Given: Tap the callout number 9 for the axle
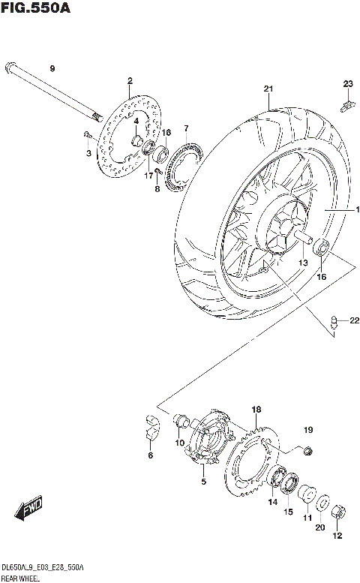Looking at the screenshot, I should pyautogui.click(x=52, y=69).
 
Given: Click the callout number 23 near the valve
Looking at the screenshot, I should pyautogui.click(x=347, y=83).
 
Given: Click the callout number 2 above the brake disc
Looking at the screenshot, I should pyautogui.click(x=129, y=81).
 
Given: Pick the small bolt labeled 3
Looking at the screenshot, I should pyautogui.click(x=88, y=135).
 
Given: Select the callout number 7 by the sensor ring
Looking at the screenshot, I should pyautogui.click(x=186, y=128).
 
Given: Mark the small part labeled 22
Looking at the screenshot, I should pyautogui.click(x=334, y=323).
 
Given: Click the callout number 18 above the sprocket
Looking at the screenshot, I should pyautogui.click(x=256, y=410).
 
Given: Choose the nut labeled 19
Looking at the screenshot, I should pyautogui.click(x=306, y=450).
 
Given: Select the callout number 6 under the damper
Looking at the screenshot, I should pyautogui.click(x=150, y=455).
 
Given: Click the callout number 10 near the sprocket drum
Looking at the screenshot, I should pyautogui.click(x=180, y=443).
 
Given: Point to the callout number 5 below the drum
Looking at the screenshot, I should pyautogui.click(x=202, y=480).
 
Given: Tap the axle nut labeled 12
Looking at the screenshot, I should pyautogui.click(x=337, y=512).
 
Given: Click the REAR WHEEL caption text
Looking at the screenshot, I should pyautogui.click(x=20, y=578).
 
